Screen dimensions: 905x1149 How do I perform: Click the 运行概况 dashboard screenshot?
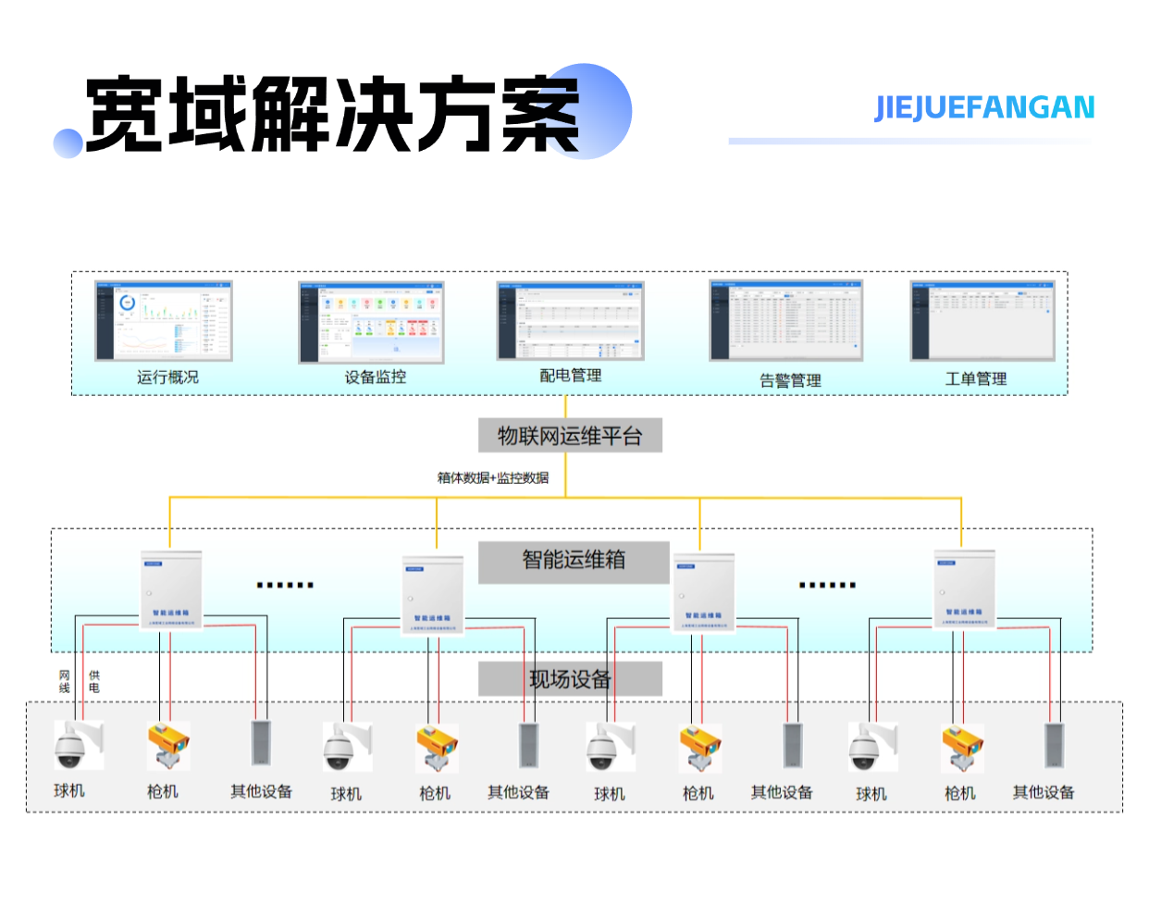[164, 320]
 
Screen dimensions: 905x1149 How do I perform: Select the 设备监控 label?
[375, 378]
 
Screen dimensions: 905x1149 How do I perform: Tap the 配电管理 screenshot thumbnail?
[570, 320]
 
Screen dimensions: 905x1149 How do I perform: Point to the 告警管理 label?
[790, 380]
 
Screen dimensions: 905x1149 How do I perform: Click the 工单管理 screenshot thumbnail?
[982, 320]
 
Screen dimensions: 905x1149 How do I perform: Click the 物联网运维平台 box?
[570, 436]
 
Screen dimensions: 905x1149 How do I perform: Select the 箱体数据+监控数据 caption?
[493, 478]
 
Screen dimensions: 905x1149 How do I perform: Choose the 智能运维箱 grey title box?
[574, 561]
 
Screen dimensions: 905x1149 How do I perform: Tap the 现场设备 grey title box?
[570, 679]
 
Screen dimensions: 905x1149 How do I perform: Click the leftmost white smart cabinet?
[171, 590]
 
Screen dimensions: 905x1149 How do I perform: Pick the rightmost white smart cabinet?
[964, 589]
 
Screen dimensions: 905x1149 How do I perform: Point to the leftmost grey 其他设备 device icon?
[260, 744]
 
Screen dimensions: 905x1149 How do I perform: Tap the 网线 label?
[65, 682]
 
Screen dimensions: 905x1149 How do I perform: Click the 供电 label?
[93, 682]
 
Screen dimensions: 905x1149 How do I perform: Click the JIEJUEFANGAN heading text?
[984, 108]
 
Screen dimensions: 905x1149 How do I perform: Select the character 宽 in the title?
[126, 115]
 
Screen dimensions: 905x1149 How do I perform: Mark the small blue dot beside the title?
[68, 143]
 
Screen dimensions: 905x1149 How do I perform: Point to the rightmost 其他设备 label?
[1044, 792]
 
